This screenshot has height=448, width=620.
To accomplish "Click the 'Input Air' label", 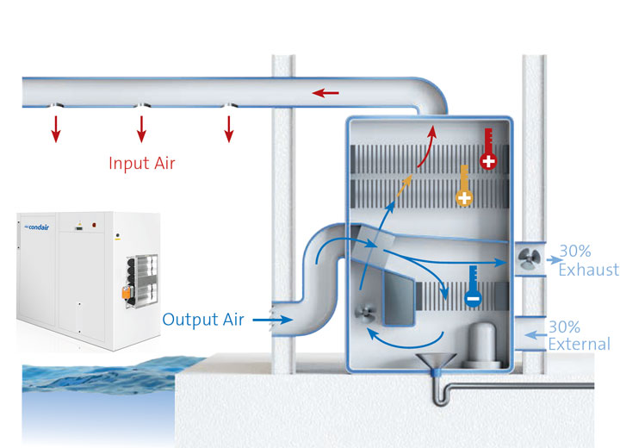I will [142, 162].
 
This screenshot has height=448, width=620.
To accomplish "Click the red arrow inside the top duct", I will [325, 92].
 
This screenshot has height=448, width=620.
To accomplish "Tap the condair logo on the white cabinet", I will [32, 227].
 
